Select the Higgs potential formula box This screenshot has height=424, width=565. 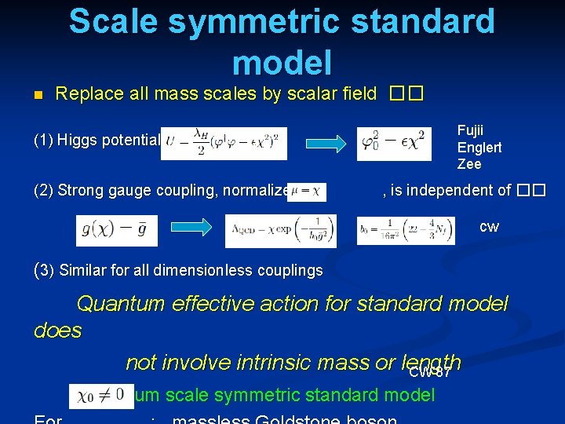tap(224, 142)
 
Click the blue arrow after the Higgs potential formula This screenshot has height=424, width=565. tap(323, 143)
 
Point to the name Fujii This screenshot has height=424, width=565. tap(472, 131)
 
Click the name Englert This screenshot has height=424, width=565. tap(479, 148)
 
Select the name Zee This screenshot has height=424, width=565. tap(469, 164)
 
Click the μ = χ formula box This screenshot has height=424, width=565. tap(307, 191)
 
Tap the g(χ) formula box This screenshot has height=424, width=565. tap(117, 231)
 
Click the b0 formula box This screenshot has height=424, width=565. tap(405, 231)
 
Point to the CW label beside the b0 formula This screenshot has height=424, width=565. tap(489, 227)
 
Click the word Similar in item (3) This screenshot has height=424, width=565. tap(83, 271)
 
